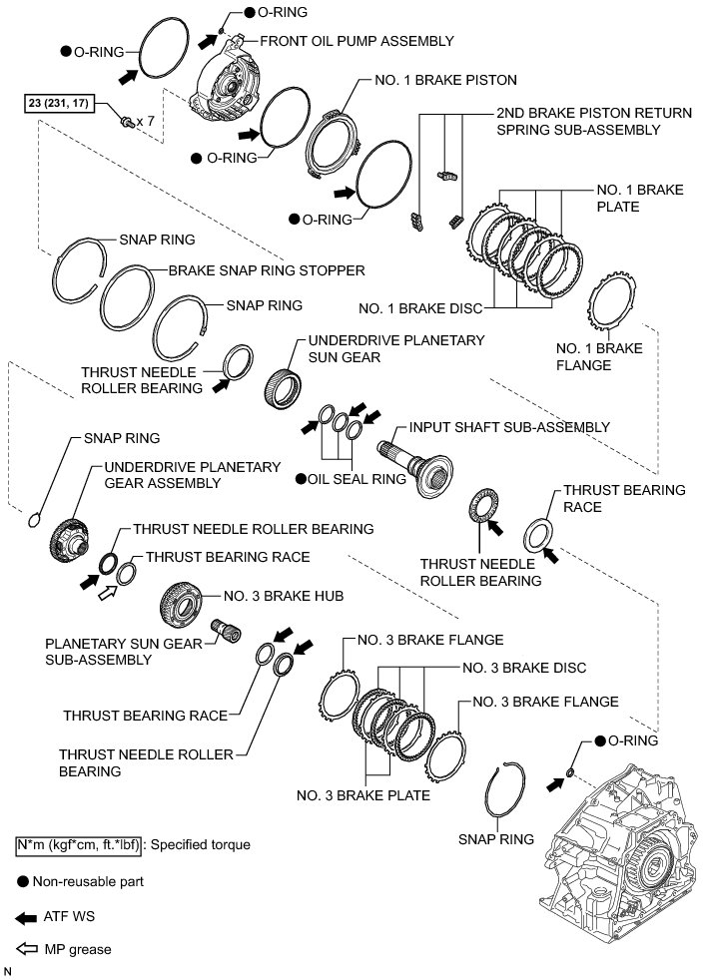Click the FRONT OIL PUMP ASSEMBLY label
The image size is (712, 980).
point(356,41)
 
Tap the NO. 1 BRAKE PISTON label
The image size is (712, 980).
point(446,79)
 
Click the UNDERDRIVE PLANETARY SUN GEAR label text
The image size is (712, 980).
point(396,348)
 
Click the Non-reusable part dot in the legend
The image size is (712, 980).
point(22,882)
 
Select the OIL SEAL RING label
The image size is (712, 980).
point(356,479)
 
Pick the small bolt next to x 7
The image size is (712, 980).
point(128,122)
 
